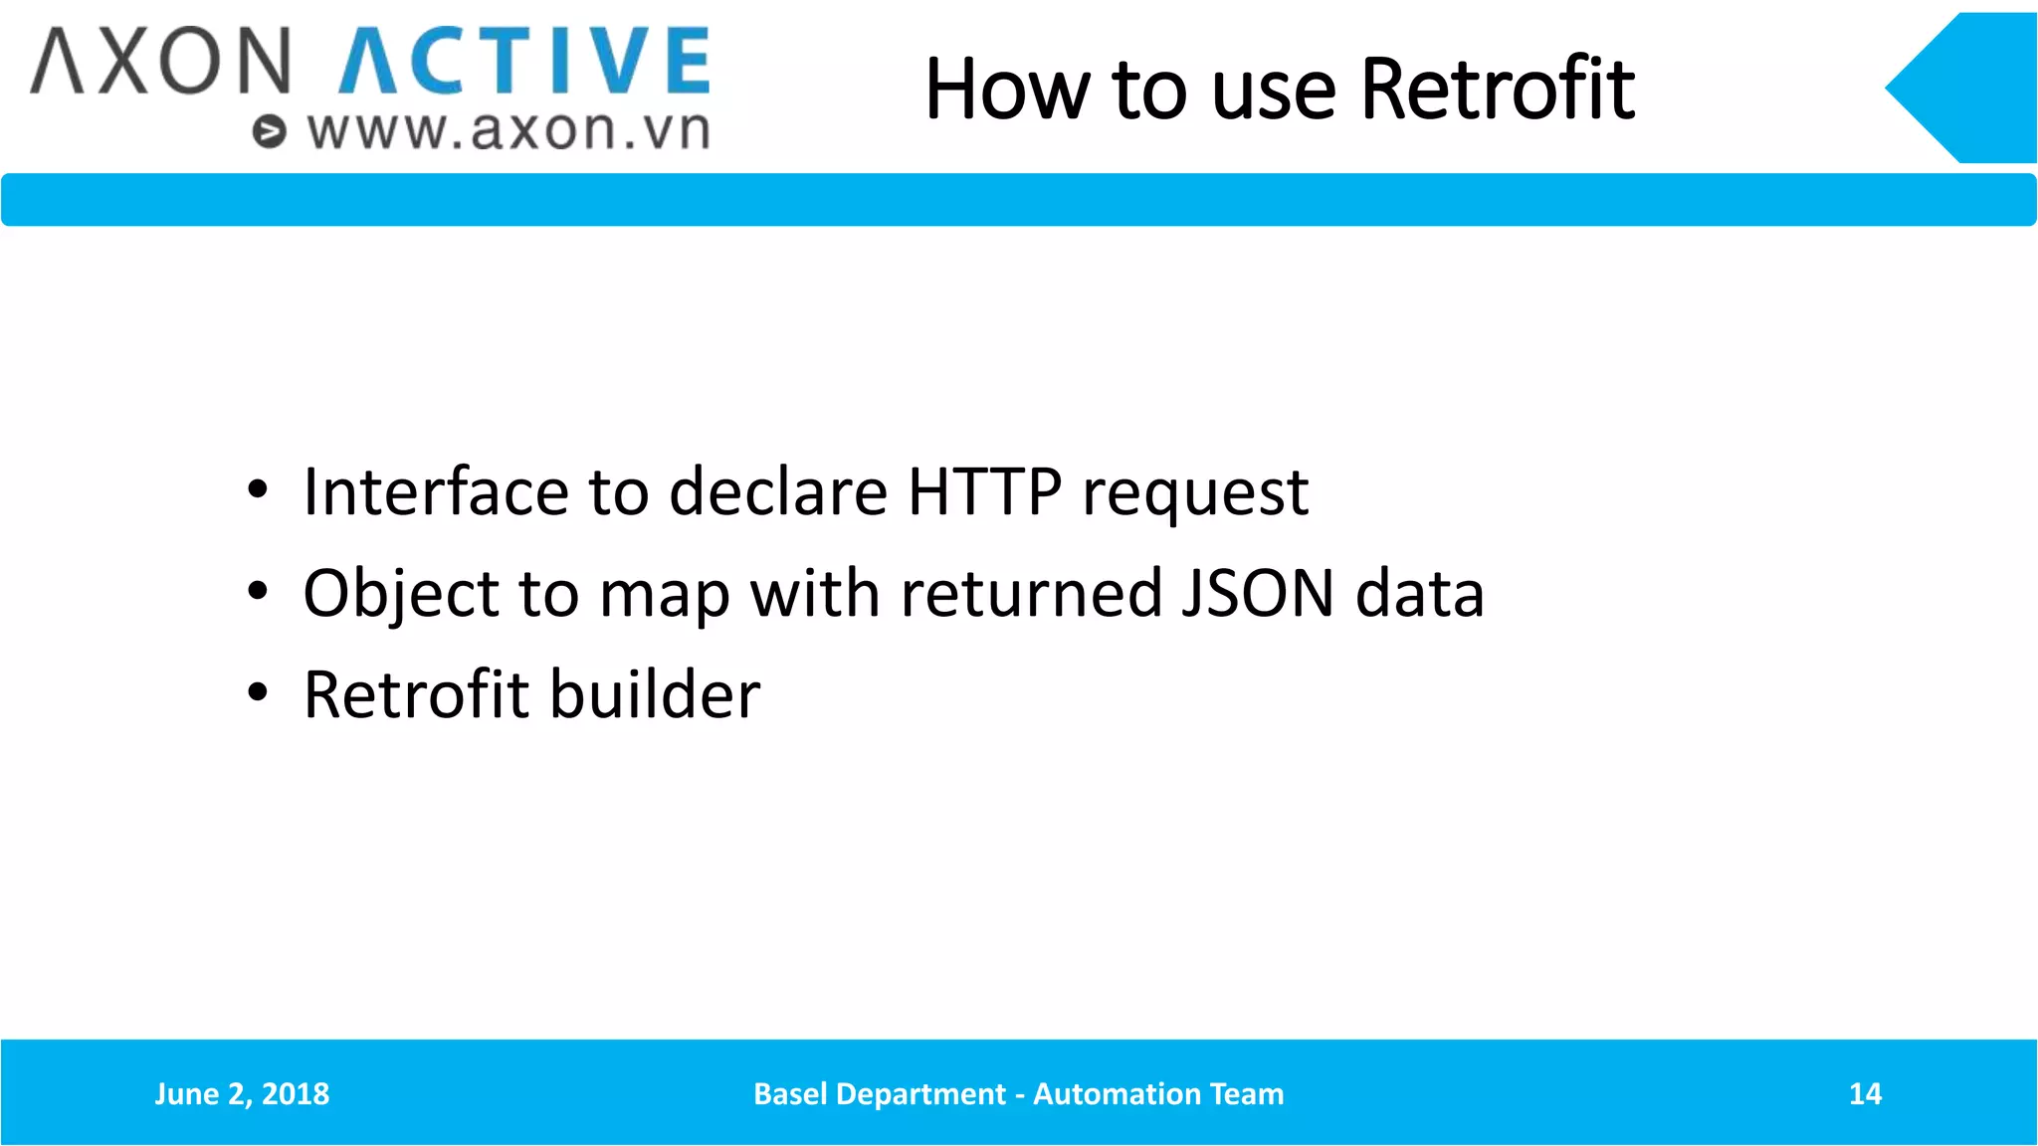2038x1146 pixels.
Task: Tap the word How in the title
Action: tap(1006, 90)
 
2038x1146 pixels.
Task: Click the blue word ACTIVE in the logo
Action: tap(524, 62)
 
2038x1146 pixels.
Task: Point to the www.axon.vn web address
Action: tap(509, 131)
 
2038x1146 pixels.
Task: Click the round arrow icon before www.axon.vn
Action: tap(269, 131)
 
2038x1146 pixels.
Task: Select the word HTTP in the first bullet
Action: tap(984, 491)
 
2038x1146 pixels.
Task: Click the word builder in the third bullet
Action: tap(655, 694)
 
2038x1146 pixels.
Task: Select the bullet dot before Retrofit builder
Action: tap(258, 692)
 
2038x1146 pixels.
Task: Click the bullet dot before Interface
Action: tap(258, 489)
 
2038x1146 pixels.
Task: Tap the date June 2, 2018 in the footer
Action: tap(242, 1094)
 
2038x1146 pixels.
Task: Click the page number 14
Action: tap(1865, 1094)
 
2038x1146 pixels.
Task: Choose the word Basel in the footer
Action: tap(790, 1094)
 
